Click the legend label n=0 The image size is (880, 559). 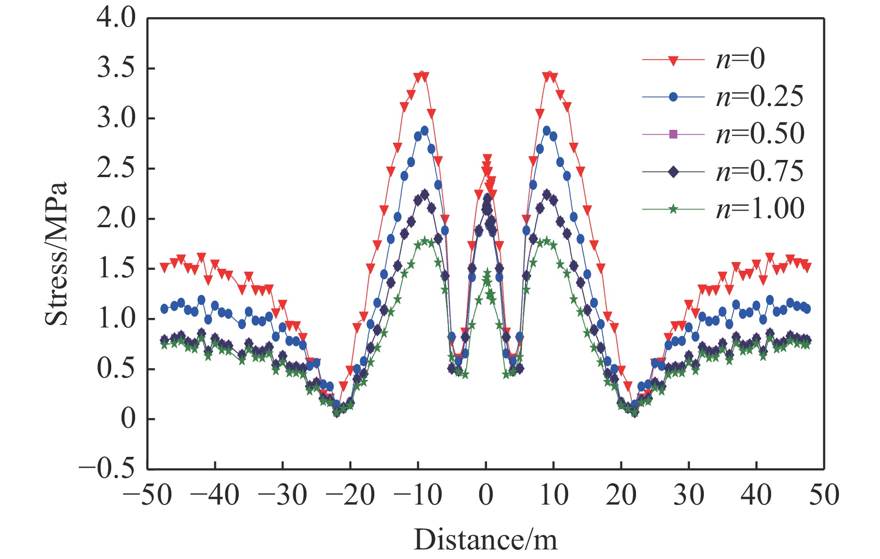pyautogui.click(x=740, y=59)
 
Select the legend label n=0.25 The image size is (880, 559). pyautogui.click(x=759, y=97)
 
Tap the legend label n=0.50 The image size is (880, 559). pyautogui.click(x=760, y=134)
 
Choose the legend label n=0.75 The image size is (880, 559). pyautogui.click(x=759, y=171)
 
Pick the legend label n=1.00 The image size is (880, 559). pyautogui.click(x=760, y=209)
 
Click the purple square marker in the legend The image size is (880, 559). pyautogui.click(x=673, y=134)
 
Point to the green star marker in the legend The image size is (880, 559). pyautogui.click(x=673, y=209)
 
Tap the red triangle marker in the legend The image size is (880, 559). pyautogui.click(x=673, y=60)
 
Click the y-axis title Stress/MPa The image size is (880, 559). pyautogui.click(x=56, y=253)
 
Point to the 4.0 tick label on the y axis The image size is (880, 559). pyautogui.click(x=116, y=19)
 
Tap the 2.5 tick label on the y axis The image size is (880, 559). pyautogui.click(x=116, y=169)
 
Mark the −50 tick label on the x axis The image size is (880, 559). pyautogui.click(x=147, y=495)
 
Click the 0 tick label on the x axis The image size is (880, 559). pyautogui.click(x=486, y=495)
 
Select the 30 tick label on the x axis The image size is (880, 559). pyautogui.click(x=689, y=495)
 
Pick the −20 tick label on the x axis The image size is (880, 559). pyautogui.click(x=350, y=495)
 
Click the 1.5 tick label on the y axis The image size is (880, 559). pyautogui.click(x=116, y=269)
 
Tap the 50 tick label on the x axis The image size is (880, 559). pyautogui.click(x=824, y=495)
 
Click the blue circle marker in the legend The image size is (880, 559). pyautogui.click(x=673, y=97)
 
